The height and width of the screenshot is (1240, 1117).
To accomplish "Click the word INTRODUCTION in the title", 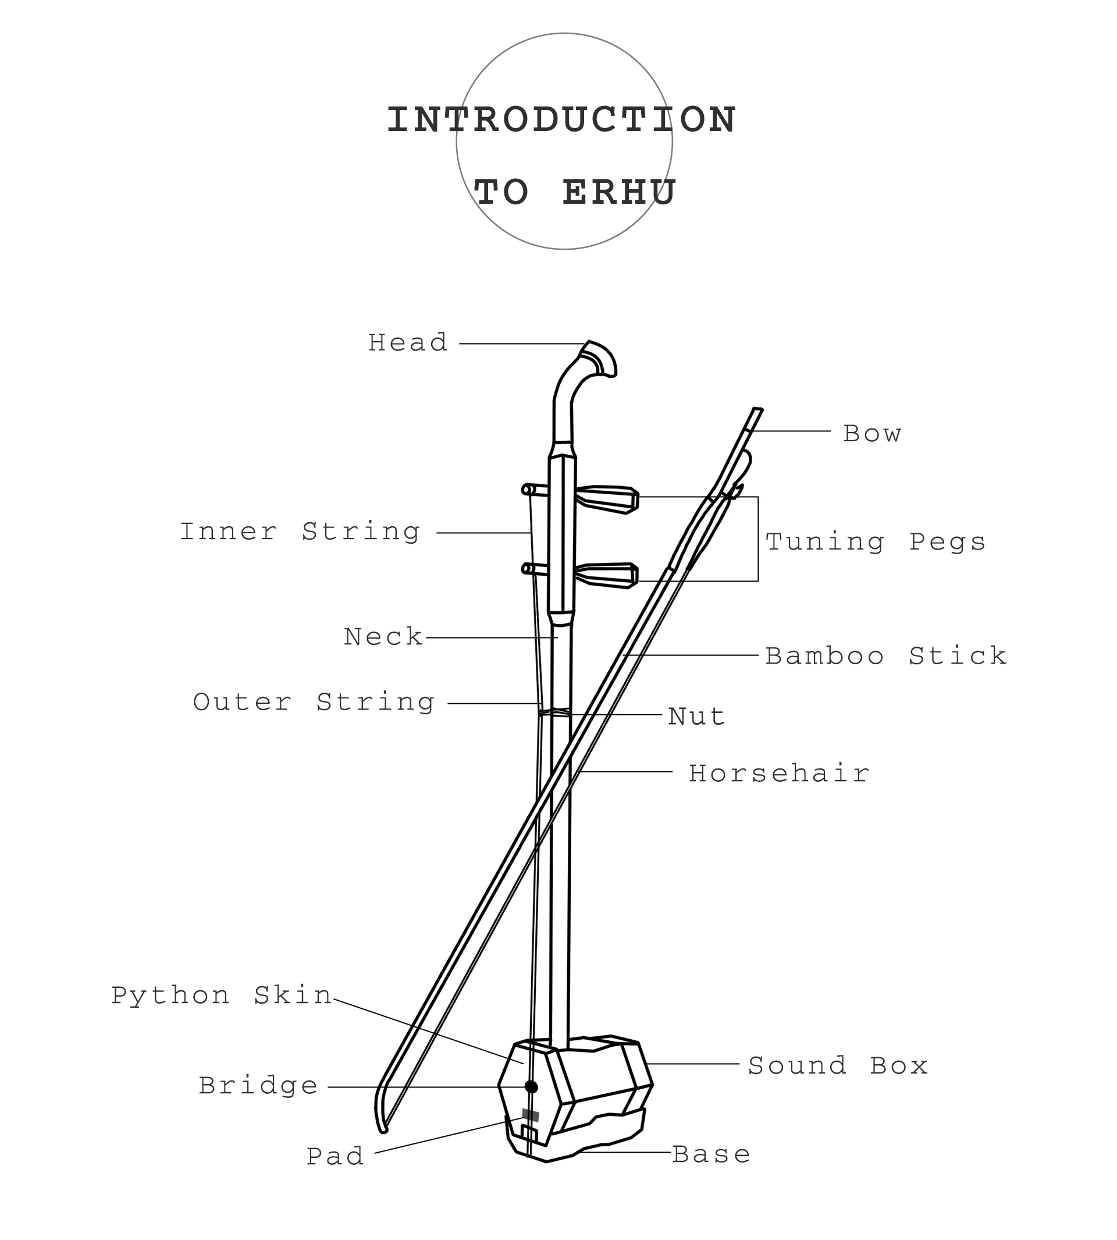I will (x=561, y=120).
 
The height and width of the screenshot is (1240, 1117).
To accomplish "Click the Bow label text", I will (x=871, y=434).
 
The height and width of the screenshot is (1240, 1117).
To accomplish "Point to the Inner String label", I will (x=300, y=532).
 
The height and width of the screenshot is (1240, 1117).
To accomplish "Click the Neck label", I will (x=383, y=637).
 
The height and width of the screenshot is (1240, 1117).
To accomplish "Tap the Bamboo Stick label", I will (x=885, y=657).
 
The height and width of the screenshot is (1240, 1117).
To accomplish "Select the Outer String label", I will (x=314, y=703).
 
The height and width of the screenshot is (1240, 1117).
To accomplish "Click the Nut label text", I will (x=696, y=717).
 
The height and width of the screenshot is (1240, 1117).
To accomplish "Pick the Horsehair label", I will (x=779, y=774).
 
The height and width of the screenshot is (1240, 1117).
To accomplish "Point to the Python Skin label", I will (x=222, y=995).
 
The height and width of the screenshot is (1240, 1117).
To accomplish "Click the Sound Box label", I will (x=838, y=1066).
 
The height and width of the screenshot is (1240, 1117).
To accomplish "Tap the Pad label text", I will (x=335, y=1157).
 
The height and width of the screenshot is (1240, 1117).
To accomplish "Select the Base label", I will (x=712, y=1154).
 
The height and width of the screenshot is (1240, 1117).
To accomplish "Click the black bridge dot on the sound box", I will (x=532, y=1087).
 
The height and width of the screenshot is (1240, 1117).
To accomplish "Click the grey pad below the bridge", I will (x=530, y=1115).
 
